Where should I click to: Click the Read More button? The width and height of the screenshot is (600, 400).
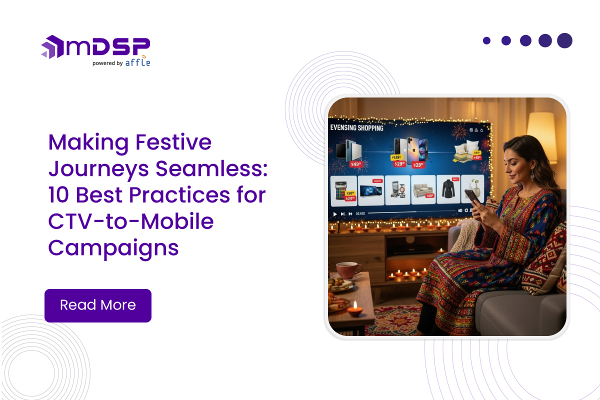[98, 305]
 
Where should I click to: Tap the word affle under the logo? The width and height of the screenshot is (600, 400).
[137, 63]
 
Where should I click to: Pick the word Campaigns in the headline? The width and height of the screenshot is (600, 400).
[113, 248]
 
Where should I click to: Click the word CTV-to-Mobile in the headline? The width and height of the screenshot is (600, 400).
[131, 221]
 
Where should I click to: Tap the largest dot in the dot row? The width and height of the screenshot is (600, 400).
[564, 40]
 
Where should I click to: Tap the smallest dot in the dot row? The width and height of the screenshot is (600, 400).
[486, 40]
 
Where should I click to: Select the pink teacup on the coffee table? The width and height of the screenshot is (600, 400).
[348, 270]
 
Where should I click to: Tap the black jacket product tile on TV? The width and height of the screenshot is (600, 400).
[447, 189]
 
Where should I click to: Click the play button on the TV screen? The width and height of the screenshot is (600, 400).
[335, 213]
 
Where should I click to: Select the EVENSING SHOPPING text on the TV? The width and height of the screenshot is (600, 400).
[357, 128]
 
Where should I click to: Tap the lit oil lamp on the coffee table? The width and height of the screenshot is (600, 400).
[354, 309]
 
